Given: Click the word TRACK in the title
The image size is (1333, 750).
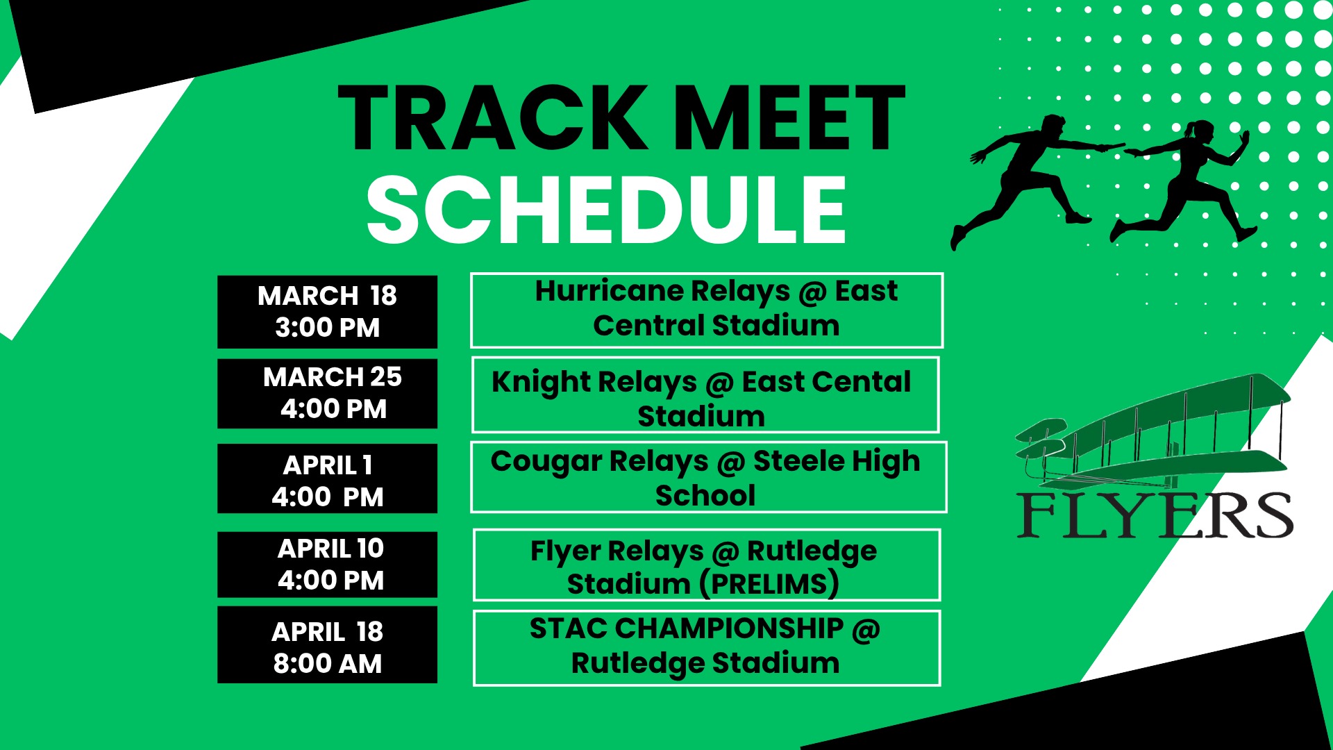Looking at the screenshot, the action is pos(493,118).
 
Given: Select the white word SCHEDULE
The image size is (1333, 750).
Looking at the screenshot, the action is pos(606,210).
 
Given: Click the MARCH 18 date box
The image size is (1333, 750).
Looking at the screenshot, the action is pos(327,312).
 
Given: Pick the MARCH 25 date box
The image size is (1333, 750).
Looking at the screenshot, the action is pos(327,394).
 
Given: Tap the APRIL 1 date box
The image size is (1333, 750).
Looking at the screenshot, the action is pos(327,478).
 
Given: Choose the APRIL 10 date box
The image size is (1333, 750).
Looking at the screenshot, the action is pos(327,565).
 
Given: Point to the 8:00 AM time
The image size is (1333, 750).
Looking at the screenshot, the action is pos(328,664).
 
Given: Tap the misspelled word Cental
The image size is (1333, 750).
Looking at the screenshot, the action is pos(860,382).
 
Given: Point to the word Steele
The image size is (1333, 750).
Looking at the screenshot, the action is pos(798,460).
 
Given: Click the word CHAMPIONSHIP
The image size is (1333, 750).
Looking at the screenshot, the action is pos(729,628).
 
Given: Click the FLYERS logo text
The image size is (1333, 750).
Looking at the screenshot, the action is pos(1155,515).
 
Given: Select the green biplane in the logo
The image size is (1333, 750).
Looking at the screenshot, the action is pos(1152,434).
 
